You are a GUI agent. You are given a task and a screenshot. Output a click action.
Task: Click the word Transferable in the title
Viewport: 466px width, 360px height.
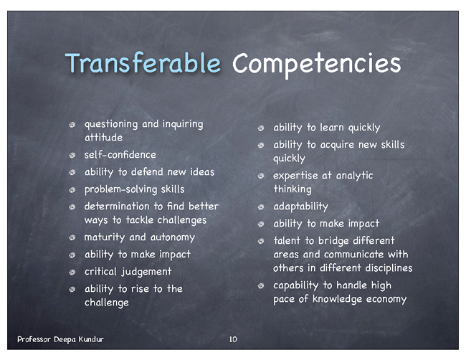click(x=143, y=62)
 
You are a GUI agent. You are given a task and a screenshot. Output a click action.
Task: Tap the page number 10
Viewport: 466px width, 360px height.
click(x=233, y=339)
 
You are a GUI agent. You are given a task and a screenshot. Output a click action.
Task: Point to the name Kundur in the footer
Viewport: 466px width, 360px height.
click(x=91, y=339)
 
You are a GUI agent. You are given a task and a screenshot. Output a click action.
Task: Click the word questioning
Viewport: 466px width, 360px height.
click(x=111, y=125)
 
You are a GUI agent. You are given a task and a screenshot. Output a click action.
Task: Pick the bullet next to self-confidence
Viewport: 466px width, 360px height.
click(x=72, y=155)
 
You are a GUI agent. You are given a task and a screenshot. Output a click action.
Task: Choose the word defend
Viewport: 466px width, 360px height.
click(x=147, y=172)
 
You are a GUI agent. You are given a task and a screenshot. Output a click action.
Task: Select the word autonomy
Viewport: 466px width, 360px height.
click(x=173, y=237)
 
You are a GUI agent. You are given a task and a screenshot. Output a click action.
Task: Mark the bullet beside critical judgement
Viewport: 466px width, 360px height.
click(x=72, y=272)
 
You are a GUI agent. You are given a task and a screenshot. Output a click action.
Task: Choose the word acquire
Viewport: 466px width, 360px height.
click(x=337, y=146)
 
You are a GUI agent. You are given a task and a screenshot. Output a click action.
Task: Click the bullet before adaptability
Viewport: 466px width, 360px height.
click(x=261, y=207)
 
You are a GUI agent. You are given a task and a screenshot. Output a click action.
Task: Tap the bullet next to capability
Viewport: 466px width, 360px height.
click(x=261, y=286)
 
